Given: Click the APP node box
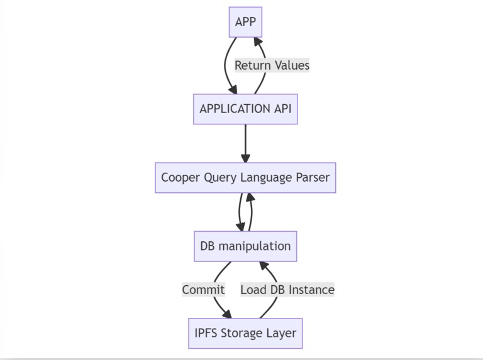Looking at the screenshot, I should tap(245, 22).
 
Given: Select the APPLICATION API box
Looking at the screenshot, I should tap(245, 109).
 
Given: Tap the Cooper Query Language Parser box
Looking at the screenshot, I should tap(245, 178).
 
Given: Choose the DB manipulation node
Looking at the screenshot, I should tap(245, 246).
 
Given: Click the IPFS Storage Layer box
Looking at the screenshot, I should tap(245, 333).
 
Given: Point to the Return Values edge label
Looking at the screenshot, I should tap(272, 65).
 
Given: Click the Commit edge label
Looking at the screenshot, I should tap(203, 290).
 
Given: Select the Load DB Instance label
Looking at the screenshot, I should tap(287, 290).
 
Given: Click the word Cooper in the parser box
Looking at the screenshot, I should tap(180, 178).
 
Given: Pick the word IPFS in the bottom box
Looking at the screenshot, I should tap(206, 333).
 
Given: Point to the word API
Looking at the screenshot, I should tap(282, 109).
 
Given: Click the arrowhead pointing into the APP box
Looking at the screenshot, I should tap(257, 43).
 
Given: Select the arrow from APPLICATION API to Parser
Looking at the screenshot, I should tap(245, 143).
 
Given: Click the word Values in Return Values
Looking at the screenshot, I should tap(291, 65).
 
